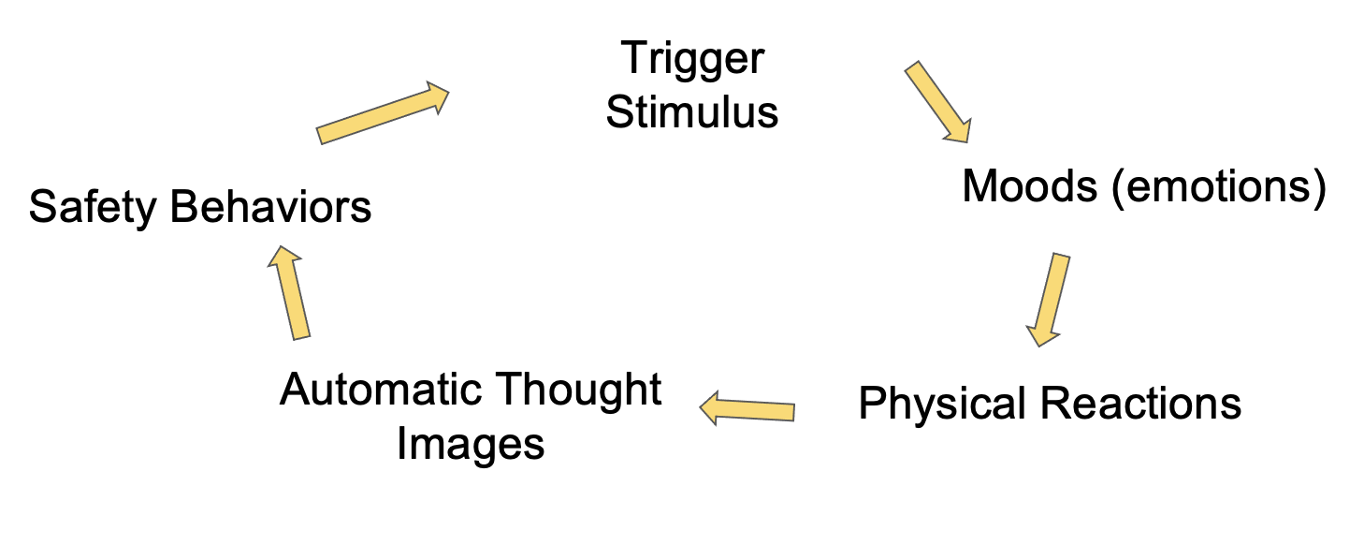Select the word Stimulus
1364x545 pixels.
point(692,112)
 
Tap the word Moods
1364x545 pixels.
point(1030,186)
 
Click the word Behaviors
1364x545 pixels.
point(271,206)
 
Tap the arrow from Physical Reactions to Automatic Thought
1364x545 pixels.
point(748,408)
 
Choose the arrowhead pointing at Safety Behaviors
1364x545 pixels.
point(285,258)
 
